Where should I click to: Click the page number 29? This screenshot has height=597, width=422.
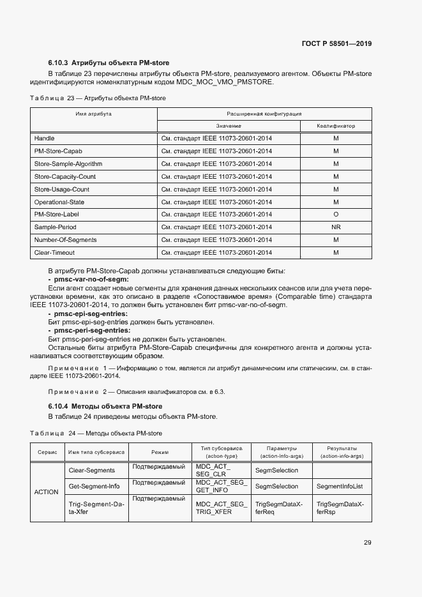point(368,543)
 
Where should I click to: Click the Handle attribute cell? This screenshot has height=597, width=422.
point(44,139)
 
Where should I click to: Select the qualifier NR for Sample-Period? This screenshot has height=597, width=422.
point(335,227)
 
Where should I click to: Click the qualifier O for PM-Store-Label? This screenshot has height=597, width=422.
point(335,215)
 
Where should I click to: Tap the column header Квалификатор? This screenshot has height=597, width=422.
point(335,126)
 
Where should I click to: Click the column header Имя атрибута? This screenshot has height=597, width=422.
point(94,114)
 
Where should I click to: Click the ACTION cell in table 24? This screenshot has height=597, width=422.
point(45,492)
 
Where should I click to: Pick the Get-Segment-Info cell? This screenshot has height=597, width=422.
point(94,487)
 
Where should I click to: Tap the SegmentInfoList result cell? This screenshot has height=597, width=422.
point(339,487)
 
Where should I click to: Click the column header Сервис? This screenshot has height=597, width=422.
point(47,452)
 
